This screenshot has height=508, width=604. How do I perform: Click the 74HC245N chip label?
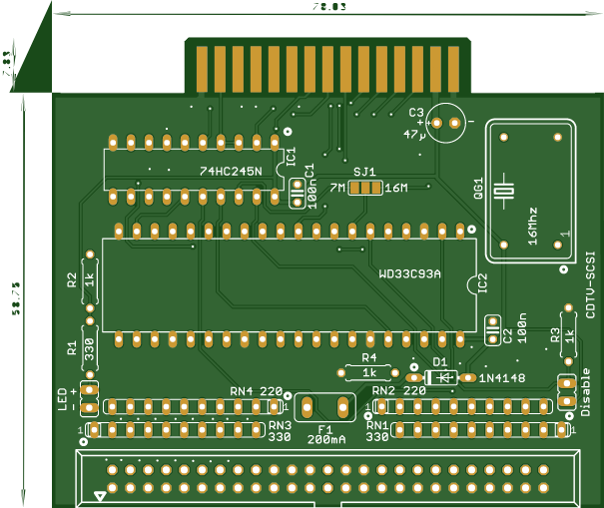(x=231, y=172)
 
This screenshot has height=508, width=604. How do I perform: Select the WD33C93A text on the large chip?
(x=410, y=272)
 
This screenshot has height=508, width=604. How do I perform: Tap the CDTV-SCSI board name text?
(x=591, y=284)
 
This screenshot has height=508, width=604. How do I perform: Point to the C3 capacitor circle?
(x=447, y=119)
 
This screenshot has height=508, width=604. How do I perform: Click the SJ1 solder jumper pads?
(x=365, y=187)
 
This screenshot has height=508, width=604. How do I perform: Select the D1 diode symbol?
(x=439, y=377)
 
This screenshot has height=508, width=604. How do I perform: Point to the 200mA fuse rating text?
(x=327, y=439)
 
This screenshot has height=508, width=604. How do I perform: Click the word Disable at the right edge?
(x=586, y=394)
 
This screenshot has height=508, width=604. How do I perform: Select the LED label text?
(x=62, y=398)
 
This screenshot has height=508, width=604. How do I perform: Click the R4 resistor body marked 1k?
(x=369, y=372)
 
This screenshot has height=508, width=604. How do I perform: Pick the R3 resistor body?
(x=570, y=335)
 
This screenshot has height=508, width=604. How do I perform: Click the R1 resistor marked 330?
(x=89, y=348)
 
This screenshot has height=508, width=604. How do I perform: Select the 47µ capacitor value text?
(x=414, y=134)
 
